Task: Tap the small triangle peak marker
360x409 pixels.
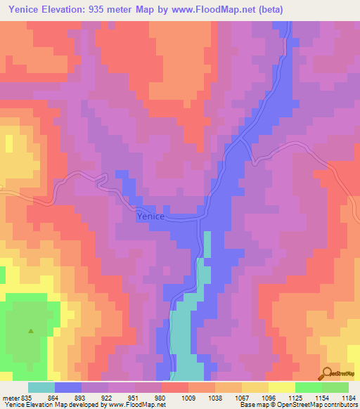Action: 30,330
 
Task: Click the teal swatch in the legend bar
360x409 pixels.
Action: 41,387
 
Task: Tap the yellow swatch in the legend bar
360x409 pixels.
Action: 282,387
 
